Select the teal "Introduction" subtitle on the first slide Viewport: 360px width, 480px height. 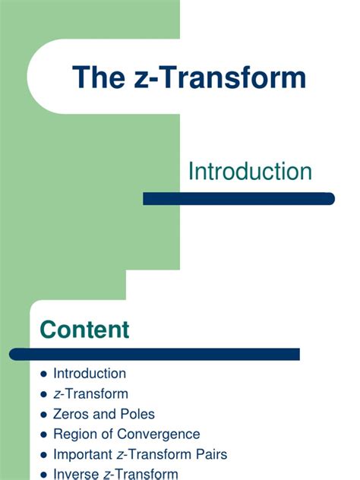pyautogui.click(x=250, y=171)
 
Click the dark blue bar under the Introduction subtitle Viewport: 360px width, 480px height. pyautogui.click(x=238, y=199)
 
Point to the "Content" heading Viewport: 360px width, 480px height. pyautogui.click(x=84, y=330)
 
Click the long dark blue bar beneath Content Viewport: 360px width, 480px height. pyautogui.click(x=155, y=354)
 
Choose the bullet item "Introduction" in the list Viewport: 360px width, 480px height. pyautogui.click(x=90, y=374)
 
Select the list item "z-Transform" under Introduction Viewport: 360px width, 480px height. pyautogui.click(x=90, y=393)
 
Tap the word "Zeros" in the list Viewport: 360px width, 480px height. pyautogui.click(x=71, y=414)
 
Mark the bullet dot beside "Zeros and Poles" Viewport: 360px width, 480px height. pyautogui.click(x=43, y=415)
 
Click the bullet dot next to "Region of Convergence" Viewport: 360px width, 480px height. pyautogui.click(x=43, y=435)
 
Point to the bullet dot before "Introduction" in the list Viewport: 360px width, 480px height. pyautogui.click(x=43, y=374)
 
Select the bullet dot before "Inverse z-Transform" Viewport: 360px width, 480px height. pyautogui.click(x=43, y=475)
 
